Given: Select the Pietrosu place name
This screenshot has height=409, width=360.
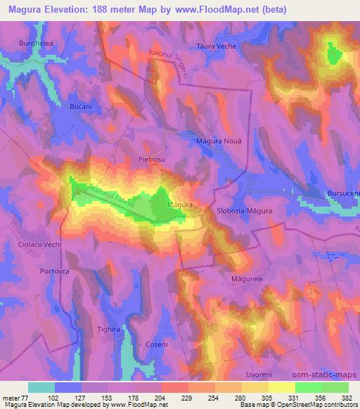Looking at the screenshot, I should click(150, 160).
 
